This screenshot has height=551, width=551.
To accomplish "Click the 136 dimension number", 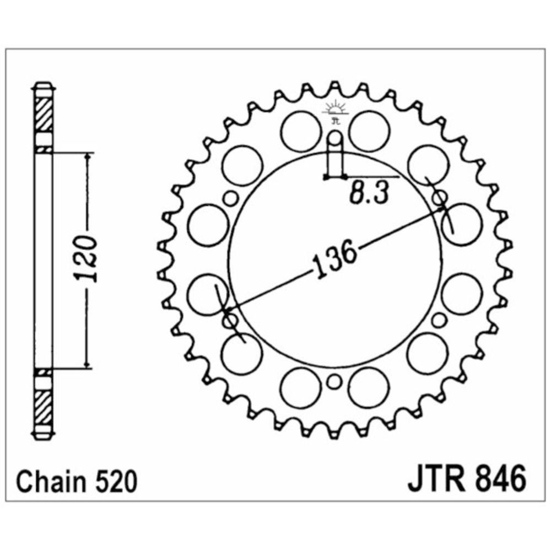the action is click(334, 259).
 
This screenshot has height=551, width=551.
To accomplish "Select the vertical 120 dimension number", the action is click(85, 259).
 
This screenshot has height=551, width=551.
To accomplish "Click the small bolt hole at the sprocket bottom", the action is click(334, 382).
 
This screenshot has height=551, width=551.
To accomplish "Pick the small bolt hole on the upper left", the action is click(230, 198).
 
